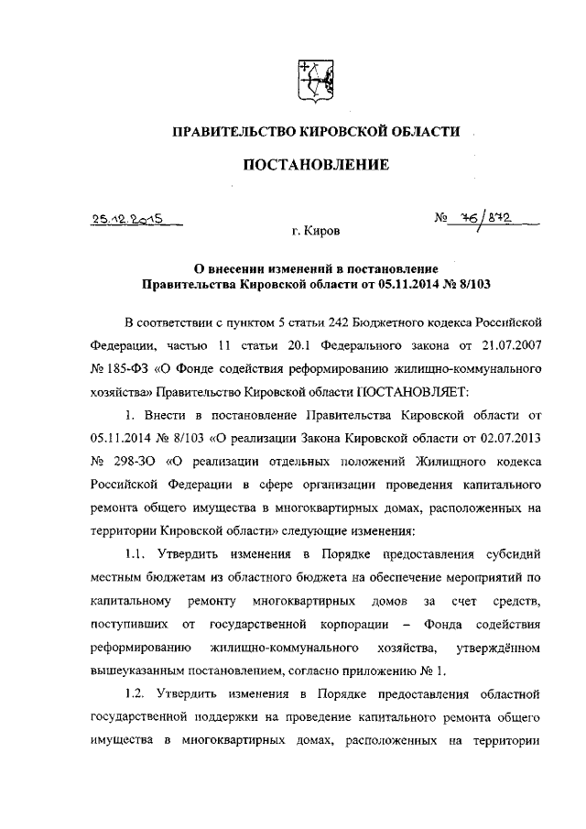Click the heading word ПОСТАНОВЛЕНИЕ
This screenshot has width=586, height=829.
pyautogui.click(x=315, y=165)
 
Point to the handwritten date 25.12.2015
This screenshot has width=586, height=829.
pyautogui.click(x=127, y=219)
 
